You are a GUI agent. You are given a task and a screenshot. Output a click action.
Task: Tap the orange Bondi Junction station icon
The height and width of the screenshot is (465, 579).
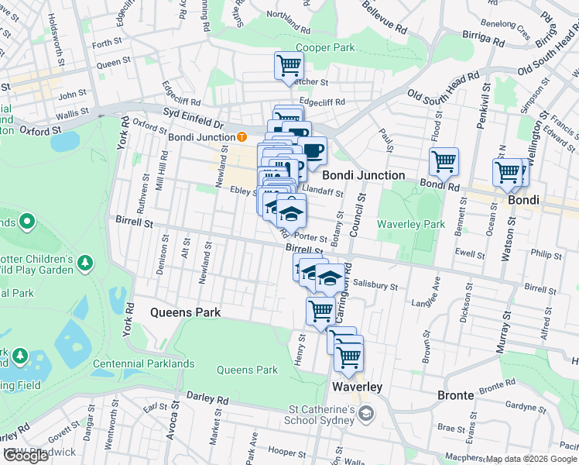[x=242, y=137]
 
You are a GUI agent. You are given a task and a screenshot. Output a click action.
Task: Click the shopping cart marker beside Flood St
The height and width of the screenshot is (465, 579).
[x=444, y=162]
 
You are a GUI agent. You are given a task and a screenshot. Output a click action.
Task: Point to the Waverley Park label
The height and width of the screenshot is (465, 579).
[x=411, y=224]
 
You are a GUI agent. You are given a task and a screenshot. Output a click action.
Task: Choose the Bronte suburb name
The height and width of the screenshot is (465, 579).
[x=455, y=395]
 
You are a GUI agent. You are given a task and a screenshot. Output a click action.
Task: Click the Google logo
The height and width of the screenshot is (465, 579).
[x=26, y=456]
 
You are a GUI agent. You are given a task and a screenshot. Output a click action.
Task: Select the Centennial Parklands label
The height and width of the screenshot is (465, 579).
[x=144, y=363]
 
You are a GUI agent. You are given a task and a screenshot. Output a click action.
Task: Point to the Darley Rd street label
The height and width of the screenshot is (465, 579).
[x=207, y=400]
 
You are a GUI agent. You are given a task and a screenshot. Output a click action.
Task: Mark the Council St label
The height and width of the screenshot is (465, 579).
[x=361, y=212]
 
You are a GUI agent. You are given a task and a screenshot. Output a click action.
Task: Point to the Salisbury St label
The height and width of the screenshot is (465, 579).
[x=375, y=285]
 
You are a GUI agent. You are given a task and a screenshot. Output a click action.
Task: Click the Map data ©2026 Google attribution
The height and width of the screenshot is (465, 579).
[x=532, y=459]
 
